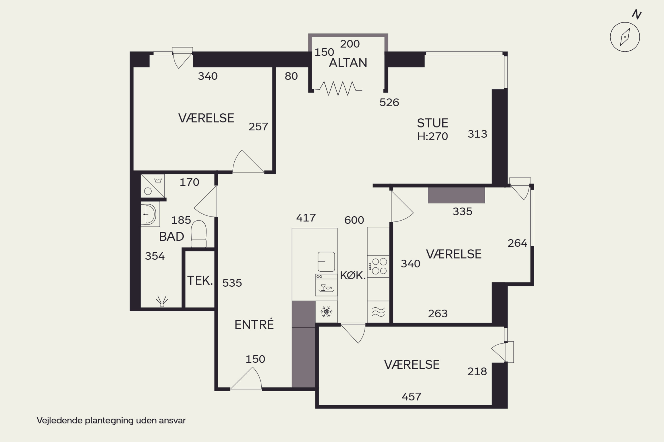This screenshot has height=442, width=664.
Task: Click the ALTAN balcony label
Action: (x=348, y=63)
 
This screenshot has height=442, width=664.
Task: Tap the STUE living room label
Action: (x=432, y=123)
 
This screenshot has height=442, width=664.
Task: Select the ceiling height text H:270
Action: (x=432, y=136)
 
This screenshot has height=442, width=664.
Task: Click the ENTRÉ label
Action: (x=254, y=324)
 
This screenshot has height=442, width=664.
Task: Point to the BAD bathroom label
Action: (x=171, y=236)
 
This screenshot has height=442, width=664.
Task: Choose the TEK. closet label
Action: (x=200, y=280)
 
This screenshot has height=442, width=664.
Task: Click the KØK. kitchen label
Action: (x=353, y=275)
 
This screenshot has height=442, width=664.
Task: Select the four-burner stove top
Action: (x=378, y=266)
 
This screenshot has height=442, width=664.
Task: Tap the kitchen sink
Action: (x=326, y=262)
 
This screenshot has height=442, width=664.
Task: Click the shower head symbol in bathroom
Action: (x=162, y=301)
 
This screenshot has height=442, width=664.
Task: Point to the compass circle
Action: (x=625, y=37)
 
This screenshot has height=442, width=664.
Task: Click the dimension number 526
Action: (x=389, y=103)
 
